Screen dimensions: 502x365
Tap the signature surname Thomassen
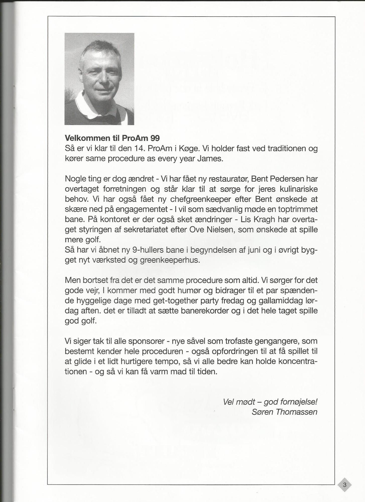tap(296, 412)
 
